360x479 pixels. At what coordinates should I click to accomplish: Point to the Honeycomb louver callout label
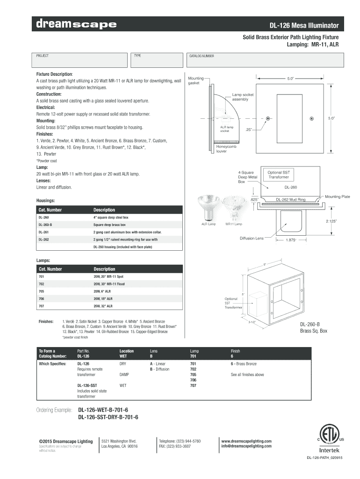pyautogui.click(x=226, y=149)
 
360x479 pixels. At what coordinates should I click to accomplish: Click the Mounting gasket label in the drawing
pyautogui.click(x=195, y=80)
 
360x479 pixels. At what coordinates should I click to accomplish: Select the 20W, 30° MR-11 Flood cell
pyautogui.click(x=108, y=284)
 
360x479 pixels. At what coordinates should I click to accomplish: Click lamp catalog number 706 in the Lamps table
pyautogui.click(x=42, y=298)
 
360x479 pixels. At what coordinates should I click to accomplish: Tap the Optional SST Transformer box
pyautogui.click(x=278, y=174)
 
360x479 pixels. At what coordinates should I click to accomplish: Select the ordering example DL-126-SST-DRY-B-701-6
pyautogui.click(x=108, y=417)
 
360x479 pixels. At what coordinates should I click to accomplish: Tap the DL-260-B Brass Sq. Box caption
pyautogui.click(x=314, y=327)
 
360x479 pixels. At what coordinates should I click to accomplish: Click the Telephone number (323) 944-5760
pyautogui.click(x=180, y=441)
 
